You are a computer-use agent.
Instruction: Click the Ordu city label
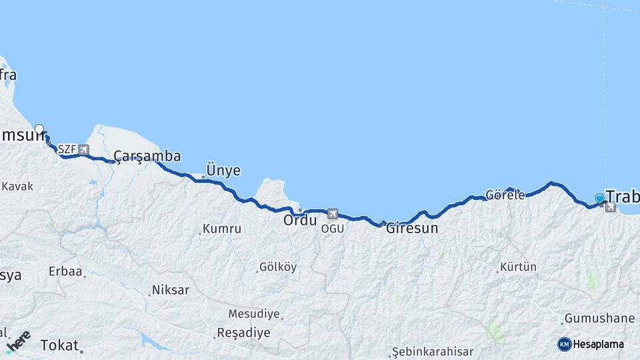300,219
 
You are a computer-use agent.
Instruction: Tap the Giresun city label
412,228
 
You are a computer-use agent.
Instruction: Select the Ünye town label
223,170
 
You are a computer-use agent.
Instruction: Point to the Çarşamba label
147,156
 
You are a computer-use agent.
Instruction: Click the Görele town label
505,195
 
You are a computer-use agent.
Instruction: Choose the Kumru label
222,229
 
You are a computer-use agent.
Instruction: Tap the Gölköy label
278,267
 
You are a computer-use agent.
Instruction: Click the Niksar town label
171,290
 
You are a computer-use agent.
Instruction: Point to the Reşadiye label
243,333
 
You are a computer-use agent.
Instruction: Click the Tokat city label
60,345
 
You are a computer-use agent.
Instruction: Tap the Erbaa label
65,271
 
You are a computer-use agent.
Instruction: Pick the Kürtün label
519,267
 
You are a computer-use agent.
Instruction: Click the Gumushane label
599,318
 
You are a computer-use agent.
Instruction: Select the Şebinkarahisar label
433,351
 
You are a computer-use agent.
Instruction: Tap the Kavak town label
17,186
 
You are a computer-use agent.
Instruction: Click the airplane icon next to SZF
83,149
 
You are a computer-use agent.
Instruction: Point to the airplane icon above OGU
332,214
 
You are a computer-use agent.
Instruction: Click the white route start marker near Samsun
39,129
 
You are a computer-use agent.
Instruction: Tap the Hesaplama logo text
599,344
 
